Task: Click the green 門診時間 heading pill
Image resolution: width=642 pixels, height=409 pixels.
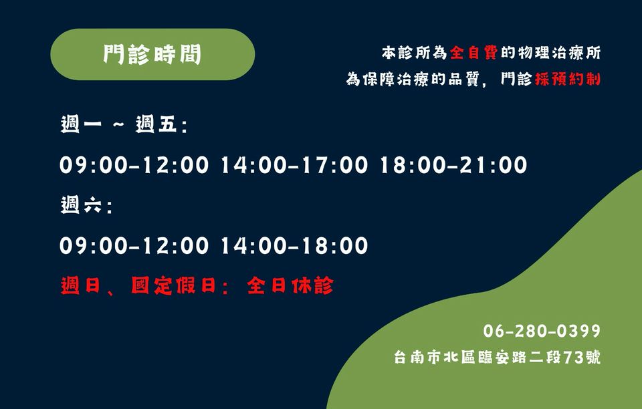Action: [152, 54]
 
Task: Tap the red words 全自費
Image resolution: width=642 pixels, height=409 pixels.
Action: [473, 53]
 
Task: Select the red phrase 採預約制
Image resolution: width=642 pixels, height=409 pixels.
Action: [568, 79]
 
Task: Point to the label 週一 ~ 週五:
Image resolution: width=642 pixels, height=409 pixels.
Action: [124, 124]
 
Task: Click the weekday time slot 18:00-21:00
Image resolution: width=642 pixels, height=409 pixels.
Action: [453, 165]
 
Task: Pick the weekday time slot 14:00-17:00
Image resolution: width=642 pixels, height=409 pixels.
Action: [294, 165]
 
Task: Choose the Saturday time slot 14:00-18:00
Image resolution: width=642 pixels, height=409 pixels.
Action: [294, 246]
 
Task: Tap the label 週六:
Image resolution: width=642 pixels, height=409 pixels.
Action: [86, 205]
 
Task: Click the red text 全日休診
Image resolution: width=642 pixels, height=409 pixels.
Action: [290, 285]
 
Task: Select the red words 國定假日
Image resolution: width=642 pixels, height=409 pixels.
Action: [173, 285]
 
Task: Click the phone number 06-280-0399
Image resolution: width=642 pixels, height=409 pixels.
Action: [542, 331]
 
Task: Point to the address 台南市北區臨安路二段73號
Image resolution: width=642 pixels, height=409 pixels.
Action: [497, 357]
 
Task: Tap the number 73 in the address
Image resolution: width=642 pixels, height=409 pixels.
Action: [573, 358]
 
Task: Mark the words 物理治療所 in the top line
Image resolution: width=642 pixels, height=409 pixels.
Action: [559, 53]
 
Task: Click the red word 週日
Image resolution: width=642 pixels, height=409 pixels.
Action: [80, 285]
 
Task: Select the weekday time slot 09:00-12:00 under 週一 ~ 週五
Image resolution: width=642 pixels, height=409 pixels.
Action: [134, 165]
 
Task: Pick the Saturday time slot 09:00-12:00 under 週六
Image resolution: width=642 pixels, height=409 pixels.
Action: [134, 246]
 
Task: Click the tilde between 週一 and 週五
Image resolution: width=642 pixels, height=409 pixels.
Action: [118, 124]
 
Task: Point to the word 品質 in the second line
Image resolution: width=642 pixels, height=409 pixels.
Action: [463, 79]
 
